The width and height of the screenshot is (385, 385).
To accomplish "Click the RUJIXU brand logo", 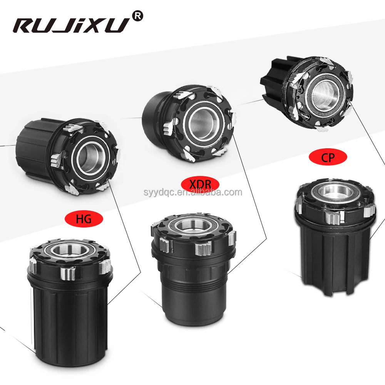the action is coord(71,25).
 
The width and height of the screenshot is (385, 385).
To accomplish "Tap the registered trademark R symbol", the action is coord(137,16).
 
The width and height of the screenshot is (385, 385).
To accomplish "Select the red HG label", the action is coord(84,219).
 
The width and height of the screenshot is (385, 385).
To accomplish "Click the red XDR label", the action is coord(200,184).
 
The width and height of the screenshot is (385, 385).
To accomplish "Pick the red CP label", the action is coord(328,157).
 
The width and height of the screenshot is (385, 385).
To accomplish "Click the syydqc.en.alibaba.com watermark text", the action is coord(193,192).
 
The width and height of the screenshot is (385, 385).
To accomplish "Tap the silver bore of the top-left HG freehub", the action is coord(91,157).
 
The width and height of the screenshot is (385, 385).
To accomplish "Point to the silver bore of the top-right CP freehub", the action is coord(325,93).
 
